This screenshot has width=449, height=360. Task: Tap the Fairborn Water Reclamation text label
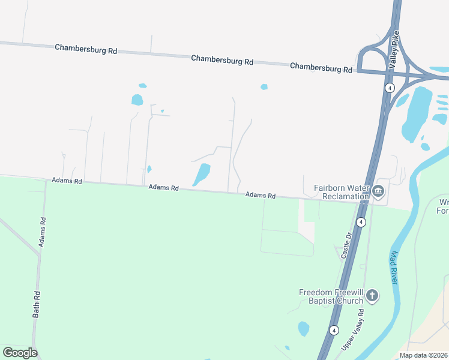[341, 192]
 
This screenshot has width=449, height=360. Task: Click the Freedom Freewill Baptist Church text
[331, 296]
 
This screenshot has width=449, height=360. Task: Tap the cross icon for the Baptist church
[372, 295]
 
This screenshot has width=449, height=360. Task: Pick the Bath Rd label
[37, 304]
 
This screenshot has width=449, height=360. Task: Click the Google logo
[20, 352]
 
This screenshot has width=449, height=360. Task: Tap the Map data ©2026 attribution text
[423, 355]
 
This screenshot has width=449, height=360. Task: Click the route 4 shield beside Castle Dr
[361, 222]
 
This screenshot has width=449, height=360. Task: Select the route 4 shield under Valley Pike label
[390, 88]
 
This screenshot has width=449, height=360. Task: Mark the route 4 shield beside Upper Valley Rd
[334, 330]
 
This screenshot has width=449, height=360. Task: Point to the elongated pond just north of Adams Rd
[202, 175]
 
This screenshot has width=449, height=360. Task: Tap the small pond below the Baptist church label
[304, 329]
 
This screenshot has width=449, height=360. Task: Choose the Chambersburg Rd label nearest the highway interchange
[321, 67]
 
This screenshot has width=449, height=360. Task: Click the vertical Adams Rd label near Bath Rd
[42, 232]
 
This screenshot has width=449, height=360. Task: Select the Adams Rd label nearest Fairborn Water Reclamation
[260, 195]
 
